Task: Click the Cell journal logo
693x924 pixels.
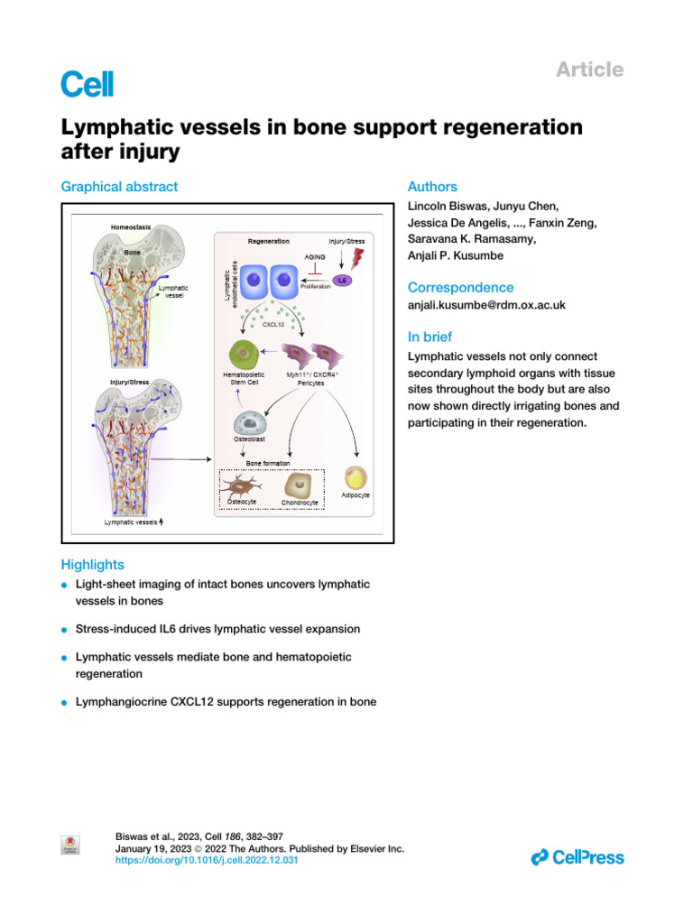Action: (x=87, y=84)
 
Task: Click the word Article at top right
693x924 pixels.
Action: (x=590, y=69)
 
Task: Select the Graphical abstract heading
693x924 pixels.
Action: (x=119, y=187)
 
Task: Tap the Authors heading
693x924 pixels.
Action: (x=432, y=187)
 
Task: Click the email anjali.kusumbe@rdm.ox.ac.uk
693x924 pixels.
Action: (x=486, y=305)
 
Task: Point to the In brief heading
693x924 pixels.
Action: (x=430, y=337)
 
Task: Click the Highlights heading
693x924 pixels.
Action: (x=92, y=565)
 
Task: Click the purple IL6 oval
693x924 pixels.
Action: (x=342, y=281)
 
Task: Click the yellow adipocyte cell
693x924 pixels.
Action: (x=357, y=478)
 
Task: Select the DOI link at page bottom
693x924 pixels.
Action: (x=207, y=861)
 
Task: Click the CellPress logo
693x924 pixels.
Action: (x=577, y=857)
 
